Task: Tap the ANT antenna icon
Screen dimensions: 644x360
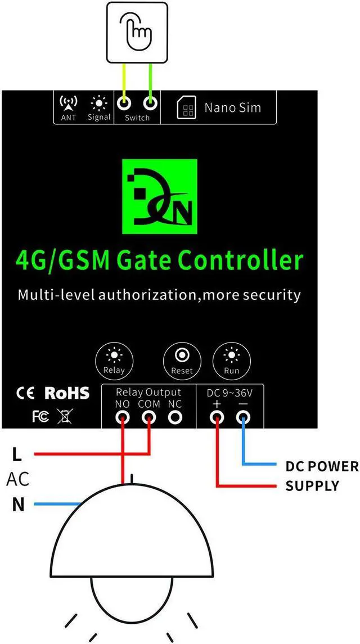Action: coord(68,103)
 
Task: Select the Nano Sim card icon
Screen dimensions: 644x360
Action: coord(186,108)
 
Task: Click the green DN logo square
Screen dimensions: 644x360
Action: coord(160,197)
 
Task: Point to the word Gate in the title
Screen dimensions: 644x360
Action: coord(147,262)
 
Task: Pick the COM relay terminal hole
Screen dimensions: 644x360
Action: coord(149,417)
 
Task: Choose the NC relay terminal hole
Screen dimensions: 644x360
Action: coord(175,417)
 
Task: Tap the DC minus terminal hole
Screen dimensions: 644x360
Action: coord(243,417)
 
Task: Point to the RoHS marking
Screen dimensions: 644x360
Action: coord(66,393)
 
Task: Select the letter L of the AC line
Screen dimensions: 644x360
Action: coord(17,453)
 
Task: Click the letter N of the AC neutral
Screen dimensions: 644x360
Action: coord(19,505)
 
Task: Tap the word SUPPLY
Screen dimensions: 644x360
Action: coord(312,485)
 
